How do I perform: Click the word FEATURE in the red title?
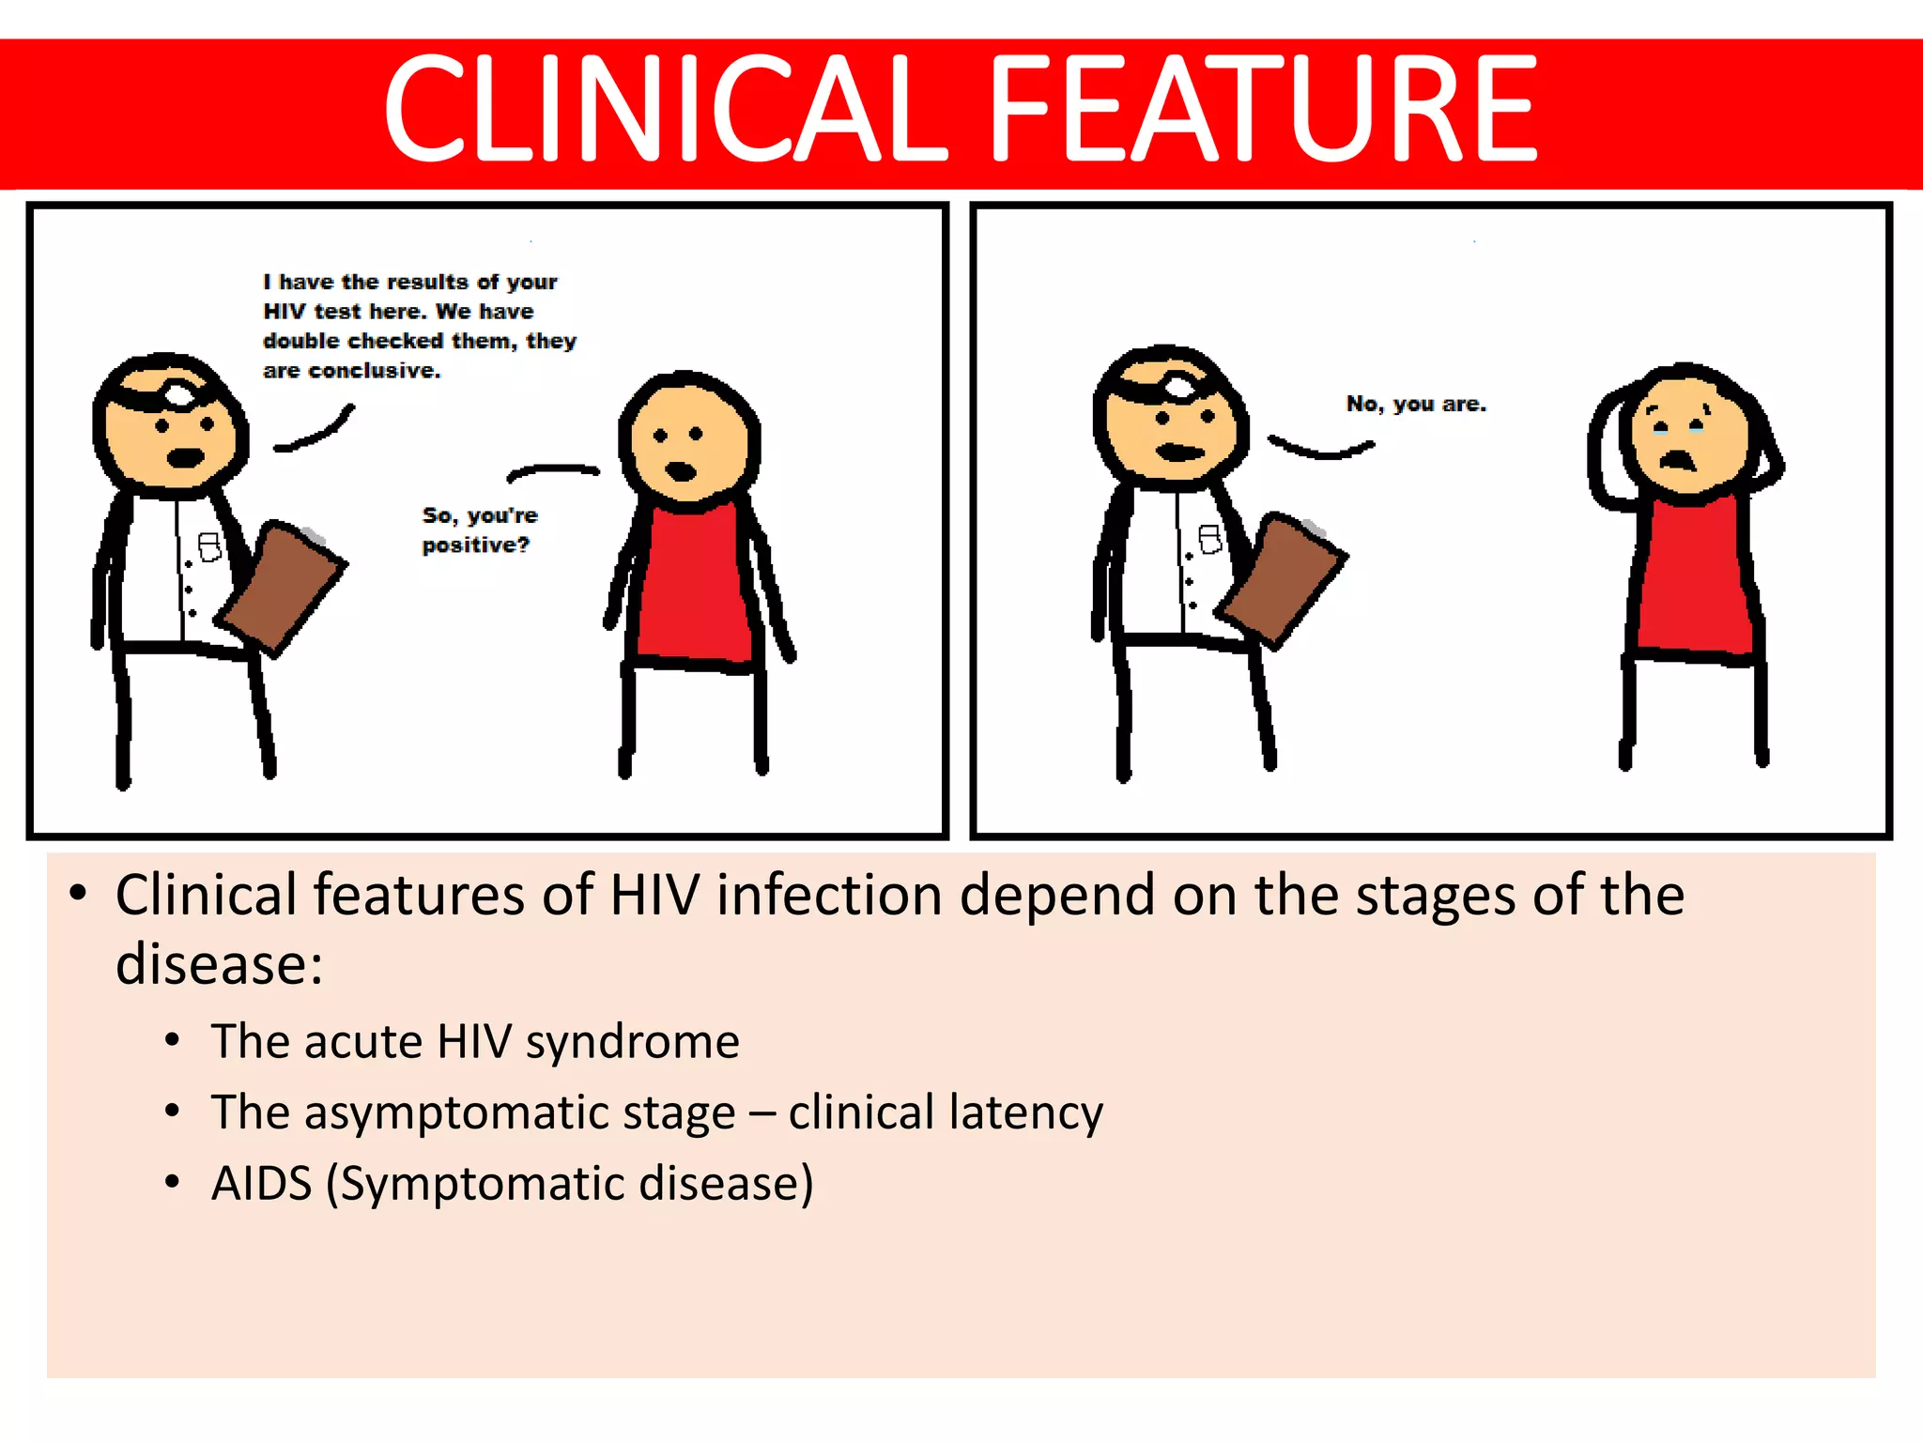[x=1263, y=108]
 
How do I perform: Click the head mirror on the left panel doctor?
[x=178, y=394]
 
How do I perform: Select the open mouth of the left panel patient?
[x=681, y=470]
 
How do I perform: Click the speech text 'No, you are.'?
[x=1416, y=405]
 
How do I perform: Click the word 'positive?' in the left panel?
[x=475, y=545]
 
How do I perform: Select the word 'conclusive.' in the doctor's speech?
[x=375, y=371]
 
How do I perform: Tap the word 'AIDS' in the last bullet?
[x=261, y=1183]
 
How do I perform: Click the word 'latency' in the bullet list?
[x=1025, y=1112]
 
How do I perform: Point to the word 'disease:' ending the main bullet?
[x=219, y=965]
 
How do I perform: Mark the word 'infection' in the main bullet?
[x=829, y=895]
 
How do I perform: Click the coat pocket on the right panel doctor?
[x=1210, y=540]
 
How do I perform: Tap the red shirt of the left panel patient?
[x=693, y=587]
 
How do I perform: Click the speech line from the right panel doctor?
[x=1320, y=449]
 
